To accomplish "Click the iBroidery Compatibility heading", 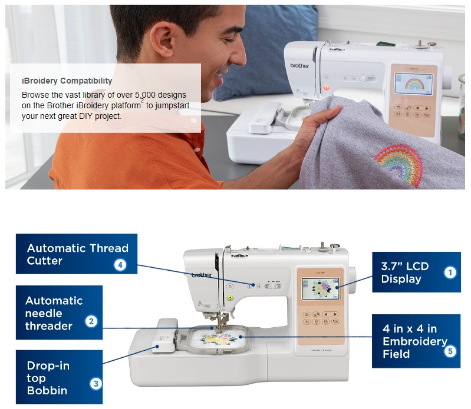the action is pyautogui.click(x=67, y=81).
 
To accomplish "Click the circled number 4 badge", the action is pyautogui.click(x=120, y=265).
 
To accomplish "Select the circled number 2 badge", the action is pyautogui.click(x=91, y=321).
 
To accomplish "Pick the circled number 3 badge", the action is pyautogui.click(x=96, y=384).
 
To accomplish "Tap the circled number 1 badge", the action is pyautogui.click(x=450, y=272).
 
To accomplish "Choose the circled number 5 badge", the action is pyautogui.click(x=450, y=351).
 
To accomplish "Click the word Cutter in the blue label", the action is pyautogui.click(x=44, y=261).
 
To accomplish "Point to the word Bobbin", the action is pyautogui.click(x=47, y=390).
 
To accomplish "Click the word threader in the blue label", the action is pyautogui.click(x=49, y=326).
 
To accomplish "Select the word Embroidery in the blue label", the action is pyautogui.click(x=415, y=341).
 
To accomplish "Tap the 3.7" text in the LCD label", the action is pyautogui.click(x=391, y=266).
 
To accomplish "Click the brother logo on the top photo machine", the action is pyautogui.click(x=299, y=65).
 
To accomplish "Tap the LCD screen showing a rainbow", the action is pyautogui.click(x=413, y=84).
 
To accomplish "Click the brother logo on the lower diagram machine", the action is pyautogui.click(x=202, y=275).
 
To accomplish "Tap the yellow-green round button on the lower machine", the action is pyautogui.click(x=230, y=298).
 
